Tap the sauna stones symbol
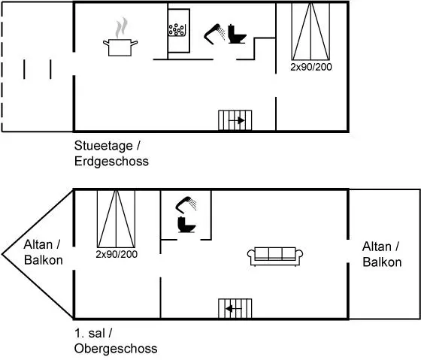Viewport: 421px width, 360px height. [177, 30]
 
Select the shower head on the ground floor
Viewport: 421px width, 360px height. [214, 34]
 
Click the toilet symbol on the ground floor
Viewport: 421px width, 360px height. [237, 34]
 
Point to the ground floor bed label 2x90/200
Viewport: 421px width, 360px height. [311, 67]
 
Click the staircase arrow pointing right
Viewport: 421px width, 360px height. [236, 121]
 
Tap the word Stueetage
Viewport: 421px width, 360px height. [104, 146]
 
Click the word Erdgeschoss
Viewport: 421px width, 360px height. [111, 162]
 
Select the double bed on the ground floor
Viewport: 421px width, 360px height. [311, 32]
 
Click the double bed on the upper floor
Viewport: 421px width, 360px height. [116, 219]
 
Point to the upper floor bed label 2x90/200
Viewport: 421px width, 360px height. [117, 254]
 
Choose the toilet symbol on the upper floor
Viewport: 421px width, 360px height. [186, 225]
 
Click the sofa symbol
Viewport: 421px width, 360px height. [275, 256]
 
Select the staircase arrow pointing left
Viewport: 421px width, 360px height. [234, 309]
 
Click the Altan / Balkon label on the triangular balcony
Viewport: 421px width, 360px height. [43, 253]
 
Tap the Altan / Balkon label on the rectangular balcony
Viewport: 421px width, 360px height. [382, 254]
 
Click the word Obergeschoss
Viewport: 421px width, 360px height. [116, 349]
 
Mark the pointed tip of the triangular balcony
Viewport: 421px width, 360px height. [2, 254]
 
